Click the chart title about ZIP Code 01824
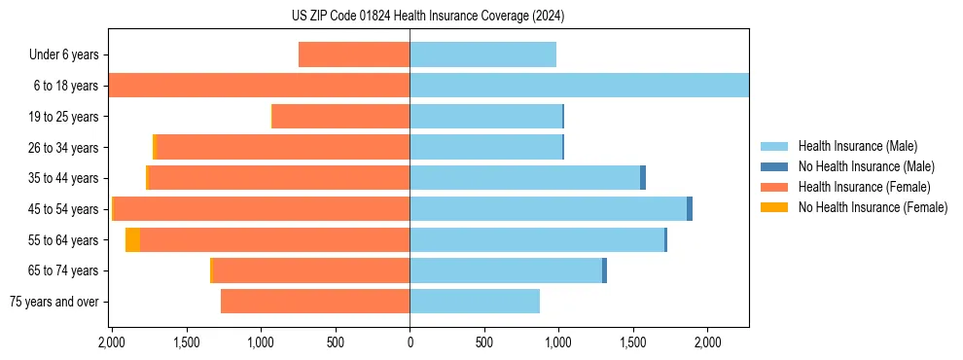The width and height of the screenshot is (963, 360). click(428, 17)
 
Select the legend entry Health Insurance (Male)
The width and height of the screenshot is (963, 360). click(857, 146)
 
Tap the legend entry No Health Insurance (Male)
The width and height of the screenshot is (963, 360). click(866, 166)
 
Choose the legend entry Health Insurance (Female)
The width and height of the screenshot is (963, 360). click(864, 187)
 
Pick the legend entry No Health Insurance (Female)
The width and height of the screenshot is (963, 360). click(873, 207)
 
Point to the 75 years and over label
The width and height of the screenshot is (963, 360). click(53, 302)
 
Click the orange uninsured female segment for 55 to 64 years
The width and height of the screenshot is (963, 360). click(132, 239)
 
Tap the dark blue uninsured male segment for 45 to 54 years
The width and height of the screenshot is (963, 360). click(690, 208)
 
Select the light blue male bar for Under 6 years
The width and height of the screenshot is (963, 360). click(482, 54)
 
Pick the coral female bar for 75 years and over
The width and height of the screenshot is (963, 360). click(315, 302)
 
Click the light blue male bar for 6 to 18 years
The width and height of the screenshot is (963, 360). click(579, 86)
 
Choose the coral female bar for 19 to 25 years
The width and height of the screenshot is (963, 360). click(340, 117)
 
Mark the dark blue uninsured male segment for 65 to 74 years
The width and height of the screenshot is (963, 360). click(604, 270)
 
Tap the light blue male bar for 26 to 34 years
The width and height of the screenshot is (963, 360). click(485, 147)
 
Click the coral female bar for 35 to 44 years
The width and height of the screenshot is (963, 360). click(279, 178)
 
